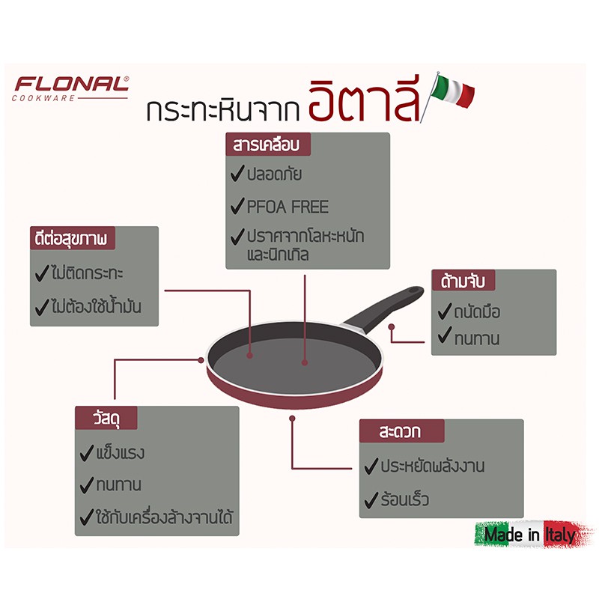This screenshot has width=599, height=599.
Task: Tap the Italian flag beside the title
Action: (x=453, y=91)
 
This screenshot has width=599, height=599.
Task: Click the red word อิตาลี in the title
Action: (x=364, y=100)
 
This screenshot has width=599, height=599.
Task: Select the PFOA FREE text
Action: (x=288, y=207)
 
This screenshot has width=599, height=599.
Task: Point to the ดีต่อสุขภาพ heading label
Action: (x=72, y=238)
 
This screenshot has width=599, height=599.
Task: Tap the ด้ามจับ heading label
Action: (x=463, y=280)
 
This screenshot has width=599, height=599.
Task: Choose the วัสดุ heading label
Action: (x=106, y=418)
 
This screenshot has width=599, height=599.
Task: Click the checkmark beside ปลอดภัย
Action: (x=237, y=174)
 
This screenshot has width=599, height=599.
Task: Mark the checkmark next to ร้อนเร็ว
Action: (x=371, y=499)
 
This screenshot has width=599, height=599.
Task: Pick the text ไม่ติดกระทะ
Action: (x=87, y=273)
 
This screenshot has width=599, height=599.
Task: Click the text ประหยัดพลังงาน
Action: (x=433, y=466)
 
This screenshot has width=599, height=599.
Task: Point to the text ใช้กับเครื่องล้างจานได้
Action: (x=164, y=517)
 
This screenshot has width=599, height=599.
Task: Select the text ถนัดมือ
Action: (x=477, y=312)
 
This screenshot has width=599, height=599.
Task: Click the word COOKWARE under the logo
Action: (x=43, y=99)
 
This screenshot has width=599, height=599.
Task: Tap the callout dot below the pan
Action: (x=292, y=419)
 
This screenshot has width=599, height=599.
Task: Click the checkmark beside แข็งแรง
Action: (x=87, y=453)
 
